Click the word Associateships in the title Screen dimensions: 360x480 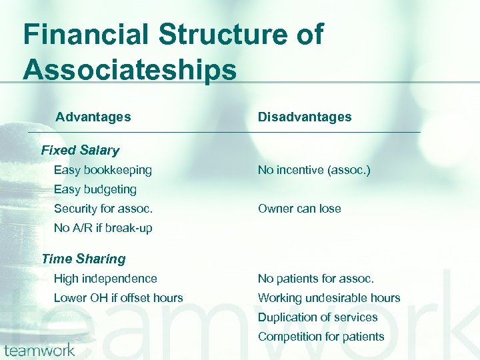tap(130, 69)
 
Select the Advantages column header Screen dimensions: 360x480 tap(93, 117)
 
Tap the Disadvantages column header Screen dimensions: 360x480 tap(305, 117)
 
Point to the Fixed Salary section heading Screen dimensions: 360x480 tap(80, 151)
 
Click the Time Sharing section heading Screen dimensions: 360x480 tap(83, 259)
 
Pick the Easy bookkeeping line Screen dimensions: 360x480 tap(103, 171)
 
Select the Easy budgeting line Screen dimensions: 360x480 tap(95, 189)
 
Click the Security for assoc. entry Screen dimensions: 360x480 tap(103, 209)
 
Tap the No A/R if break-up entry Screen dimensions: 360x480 tap(103, 228)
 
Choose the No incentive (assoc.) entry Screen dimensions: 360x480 tap(314, 171)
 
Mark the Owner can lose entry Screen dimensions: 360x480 tap(299, 209)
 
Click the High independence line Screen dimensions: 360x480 tap(105, 279)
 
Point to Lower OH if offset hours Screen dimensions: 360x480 tap(118, 298)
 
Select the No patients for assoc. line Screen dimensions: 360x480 tap(316, 279)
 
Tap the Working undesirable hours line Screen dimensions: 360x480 tap(329, 298)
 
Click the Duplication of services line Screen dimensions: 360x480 tap(318, 317)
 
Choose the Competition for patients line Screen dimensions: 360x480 tap(321, 337)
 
